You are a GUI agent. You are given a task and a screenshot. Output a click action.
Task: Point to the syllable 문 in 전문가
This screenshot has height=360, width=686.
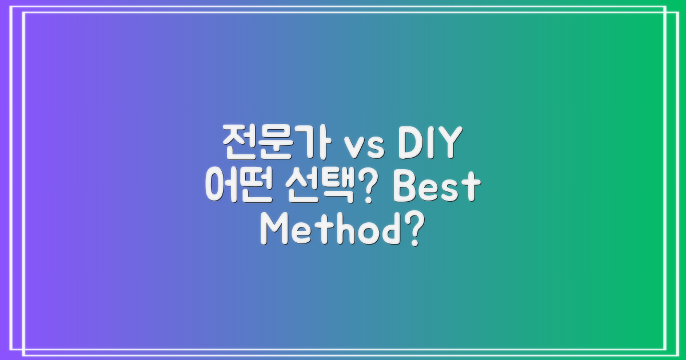coord(273,145)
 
